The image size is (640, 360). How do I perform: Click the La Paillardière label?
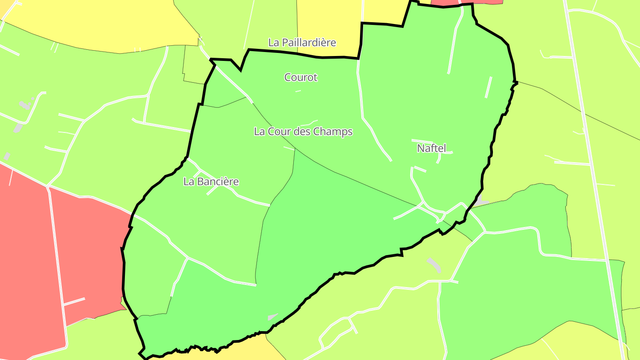pos(302,43)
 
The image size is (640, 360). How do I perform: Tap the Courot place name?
pos(301,77)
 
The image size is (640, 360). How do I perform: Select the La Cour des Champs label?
pos(303,132)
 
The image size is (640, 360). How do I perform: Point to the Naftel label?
pos(431,148)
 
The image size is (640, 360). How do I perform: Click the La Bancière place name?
pos(211,182)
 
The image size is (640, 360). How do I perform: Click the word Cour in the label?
pos(276,132)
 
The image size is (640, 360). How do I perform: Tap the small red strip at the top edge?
pos(467,2)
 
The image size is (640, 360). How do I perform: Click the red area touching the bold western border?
pos(89,249)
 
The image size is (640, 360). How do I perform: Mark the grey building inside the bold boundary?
pos(272,317)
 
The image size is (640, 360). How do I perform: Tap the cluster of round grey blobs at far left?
pos(24,105)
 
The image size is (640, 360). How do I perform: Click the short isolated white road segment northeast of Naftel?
pos(488,87)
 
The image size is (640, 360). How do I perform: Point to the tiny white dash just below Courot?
pos(298,91)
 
